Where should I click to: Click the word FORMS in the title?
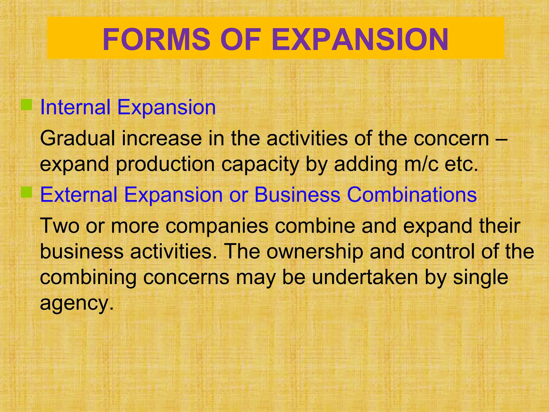tap(156, 39)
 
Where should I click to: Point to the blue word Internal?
tap(75, 107)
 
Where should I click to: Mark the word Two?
tap(60, 226)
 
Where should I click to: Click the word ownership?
tap(315, 252)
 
